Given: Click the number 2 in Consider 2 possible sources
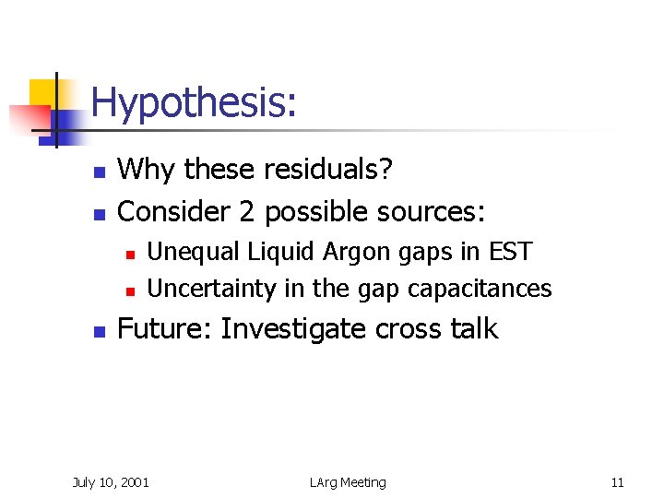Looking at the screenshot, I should pos(247,212).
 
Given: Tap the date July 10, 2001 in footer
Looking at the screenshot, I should pos(111,482).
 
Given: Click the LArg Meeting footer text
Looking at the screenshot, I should pos(348,482).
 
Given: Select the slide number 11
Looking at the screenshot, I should pos(617,482).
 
